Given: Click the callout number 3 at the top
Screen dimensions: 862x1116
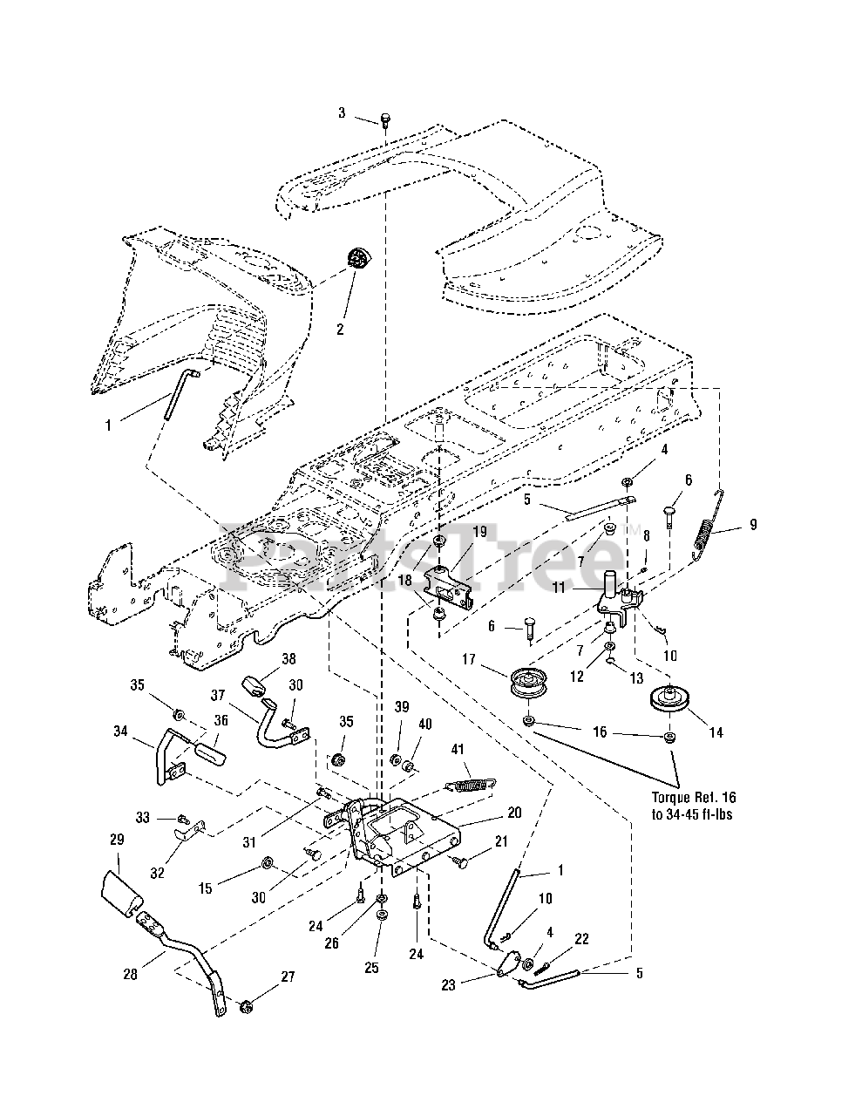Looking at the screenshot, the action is click(342, 113).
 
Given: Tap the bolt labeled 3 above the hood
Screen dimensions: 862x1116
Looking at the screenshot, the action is click(385, 119).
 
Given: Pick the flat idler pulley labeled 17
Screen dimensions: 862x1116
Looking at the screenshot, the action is click(528, 683).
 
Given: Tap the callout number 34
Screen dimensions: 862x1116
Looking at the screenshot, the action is click(120, 731).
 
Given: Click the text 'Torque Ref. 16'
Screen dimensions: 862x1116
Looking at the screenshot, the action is click(694, 797).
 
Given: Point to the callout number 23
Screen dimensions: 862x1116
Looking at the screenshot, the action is click(448, 985).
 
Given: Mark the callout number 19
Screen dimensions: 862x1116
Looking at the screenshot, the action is click(479, 531).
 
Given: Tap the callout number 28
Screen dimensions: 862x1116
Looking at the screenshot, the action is click(131, 974).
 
